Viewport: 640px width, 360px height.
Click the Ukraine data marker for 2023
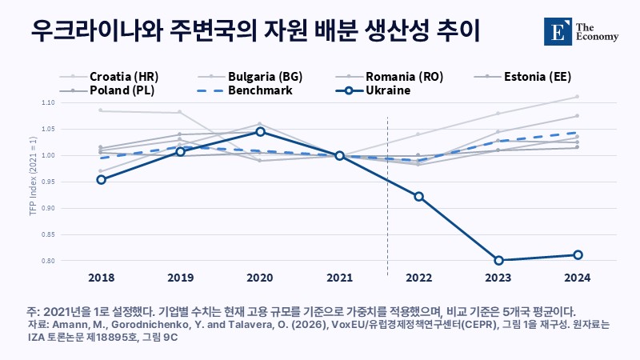[498, 261]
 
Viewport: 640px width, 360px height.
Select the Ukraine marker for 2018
[102, 179]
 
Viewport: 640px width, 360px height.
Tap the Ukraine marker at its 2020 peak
[260, 131]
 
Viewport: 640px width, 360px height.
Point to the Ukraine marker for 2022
[418, 197]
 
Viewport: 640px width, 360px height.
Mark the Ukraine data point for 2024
[578, 255]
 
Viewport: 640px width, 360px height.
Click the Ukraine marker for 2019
[181, 151]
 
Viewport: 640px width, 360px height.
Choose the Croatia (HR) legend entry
[109, 76]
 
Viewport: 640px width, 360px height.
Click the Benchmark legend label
[260, 90]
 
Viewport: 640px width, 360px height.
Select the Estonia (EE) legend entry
[523, 76]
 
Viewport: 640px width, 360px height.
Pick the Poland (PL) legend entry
[107, 90]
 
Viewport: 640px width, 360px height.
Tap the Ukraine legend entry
[373, 90]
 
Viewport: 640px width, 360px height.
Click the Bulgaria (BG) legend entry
[250, 76]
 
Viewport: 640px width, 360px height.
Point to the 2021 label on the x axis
[339, 278]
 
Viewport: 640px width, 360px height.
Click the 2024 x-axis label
[577, 278]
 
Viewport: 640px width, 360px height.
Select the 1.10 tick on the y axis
[48, 102]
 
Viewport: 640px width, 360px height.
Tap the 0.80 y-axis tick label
[48, 261]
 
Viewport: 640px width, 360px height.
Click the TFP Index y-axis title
[33, 176]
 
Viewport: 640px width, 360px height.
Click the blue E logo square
[558, 31]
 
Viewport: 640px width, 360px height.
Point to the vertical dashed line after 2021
[387, 196]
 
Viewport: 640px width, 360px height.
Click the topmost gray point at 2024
[577, 97]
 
